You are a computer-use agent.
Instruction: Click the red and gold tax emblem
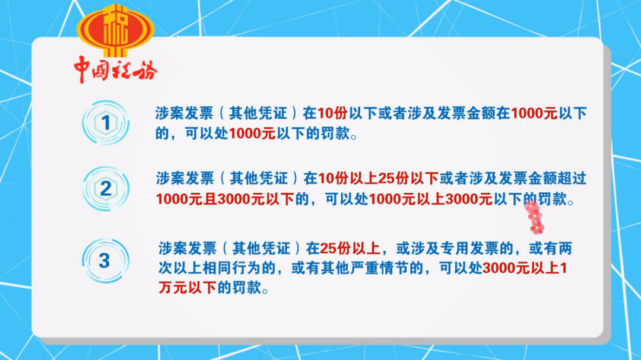[115, 31]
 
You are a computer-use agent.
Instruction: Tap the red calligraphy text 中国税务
[116, 69]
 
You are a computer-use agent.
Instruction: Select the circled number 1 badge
[106, 123]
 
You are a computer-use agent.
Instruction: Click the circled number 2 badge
[106, 189]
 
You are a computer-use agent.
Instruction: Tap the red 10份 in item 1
[332, 113]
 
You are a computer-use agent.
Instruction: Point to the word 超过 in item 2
[572, 179]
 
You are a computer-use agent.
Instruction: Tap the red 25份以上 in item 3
[350, 249]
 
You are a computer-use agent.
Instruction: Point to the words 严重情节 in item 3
[379, 268]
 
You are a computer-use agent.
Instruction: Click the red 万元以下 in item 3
[188, 288]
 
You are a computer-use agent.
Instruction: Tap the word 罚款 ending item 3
[247, 288]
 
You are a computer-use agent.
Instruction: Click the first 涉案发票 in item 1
[185, 113]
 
